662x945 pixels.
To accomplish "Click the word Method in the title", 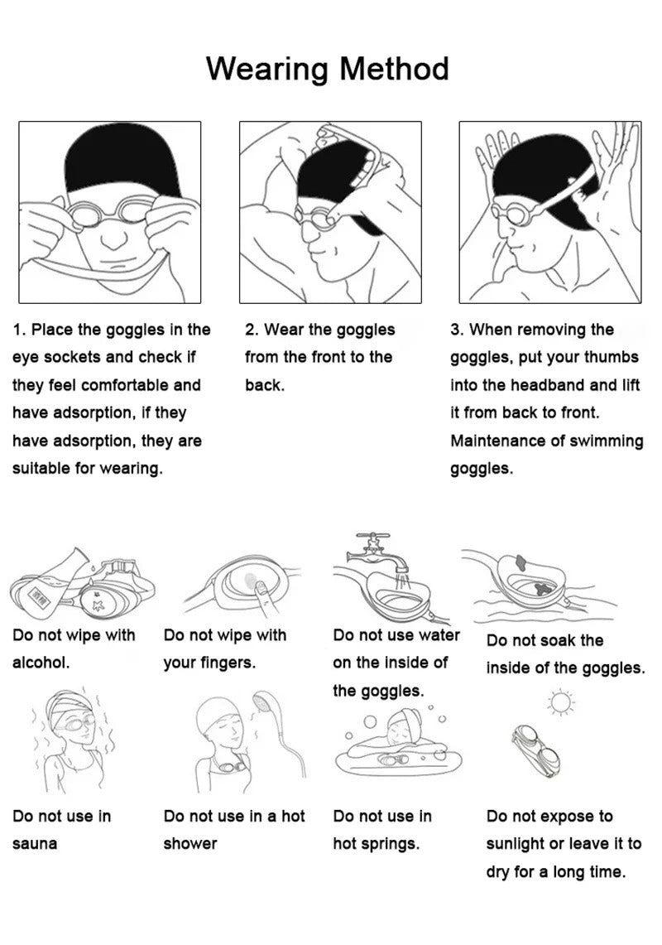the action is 395,68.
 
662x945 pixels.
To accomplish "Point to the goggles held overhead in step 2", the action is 353,157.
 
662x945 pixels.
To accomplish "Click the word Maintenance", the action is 498,441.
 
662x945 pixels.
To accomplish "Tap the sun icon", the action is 561,702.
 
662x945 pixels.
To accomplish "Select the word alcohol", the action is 41,663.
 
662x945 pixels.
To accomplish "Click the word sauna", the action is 35,844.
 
